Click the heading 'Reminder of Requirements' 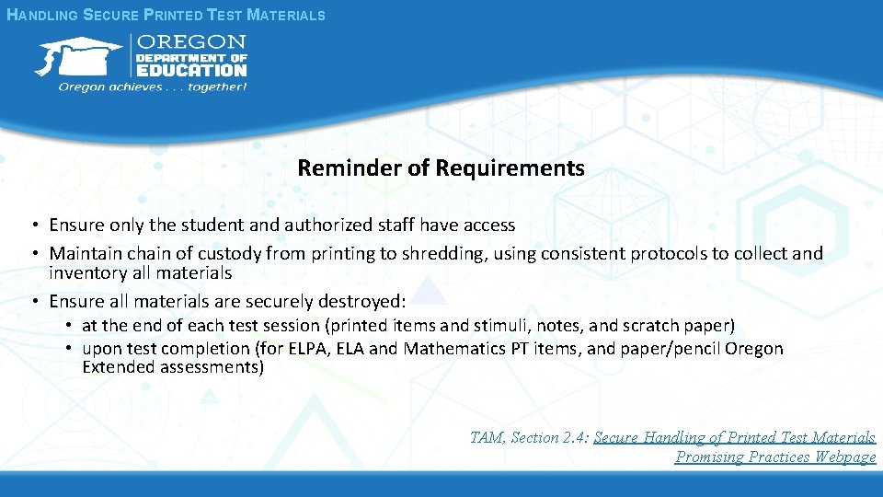[441, 168]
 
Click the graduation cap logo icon [78, 57]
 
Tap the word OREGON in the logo [191, 42]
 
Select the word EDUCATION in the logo [191, 68]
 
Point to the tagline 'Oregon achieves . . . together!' [152, 87]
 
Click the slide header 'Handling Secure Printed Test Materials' [166, 15]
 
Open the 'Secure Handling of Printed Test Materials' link [734, 437]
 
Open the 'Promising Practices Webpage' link [775, 457]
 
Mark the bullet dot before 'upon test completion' [69, 349]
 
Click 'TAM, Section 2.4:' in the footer [529, 437]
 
